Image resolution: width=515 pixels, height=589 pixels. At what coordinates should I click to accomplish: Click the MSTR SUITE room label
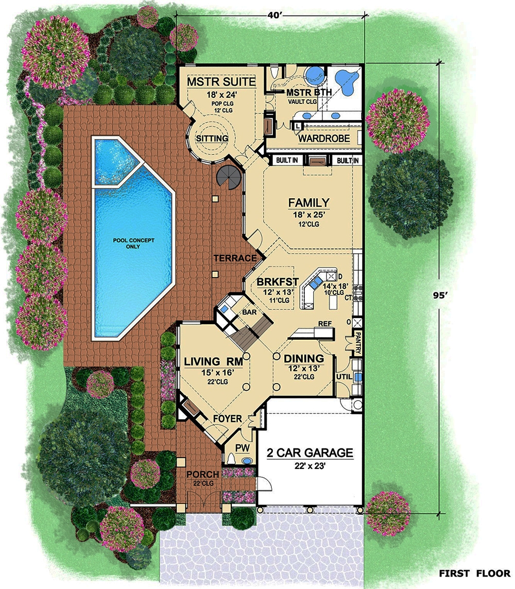click(221, 82)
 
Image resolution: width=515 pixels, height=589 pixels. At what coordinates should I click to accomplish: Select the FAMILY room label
click(308, 202)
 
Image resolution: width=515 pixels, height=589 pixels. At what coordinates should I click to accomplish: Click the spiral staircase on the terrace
click(228, 178)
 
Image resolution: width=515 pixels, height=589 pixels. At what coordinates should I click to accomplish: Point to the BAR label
click(243, 311)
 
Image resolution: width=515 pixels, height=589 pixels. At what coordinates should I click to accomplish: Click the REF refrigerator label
click(324, 324)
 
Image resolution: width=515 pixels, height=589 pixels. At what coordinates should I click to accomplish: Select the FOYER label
click(227, 419)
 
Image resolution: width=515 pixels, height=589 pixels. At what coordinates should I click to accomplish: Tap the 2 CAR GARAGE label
click(310, 453)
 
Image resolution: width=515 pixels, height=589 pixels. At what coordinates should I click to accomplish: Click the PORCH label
click(202, 474)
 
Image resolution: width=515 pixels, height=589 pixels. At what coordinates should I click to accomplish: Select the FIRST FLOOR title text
click(473, 573)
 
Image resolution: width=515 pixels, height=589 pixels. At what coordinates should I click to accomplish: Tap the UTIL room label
click(344, 377)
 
